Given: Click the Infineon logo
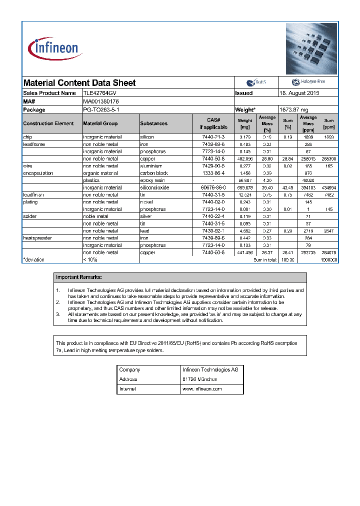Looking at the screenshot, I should tap(53, 48).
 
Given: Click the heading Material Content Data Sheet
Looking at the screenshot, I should tap(79, 83).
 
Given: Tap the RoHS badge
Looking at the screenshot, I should tap(256, 82).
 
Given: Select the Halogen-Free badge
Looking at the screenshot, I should tap(308, 82).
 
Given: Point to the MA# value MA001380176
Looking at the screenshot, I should tap(101, 101).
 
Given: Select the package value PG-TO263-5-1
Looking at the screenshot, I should tap(101, 109).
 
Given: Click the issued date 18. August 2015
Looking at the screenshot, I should tap(299, 93).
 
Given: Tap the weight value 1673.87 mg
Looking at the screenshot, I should tap(293, 109).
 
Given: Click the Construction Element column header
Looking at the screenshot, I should tap(48, 123).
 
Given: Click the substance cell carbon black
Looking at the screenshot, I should tap(154, 173).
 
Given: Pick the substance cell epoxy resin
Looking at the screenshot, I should tap(153, 180).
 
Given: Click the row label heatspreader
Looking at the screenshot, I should tap(37, 238).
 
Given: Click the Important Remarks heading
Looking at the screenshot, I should tap(79, 277).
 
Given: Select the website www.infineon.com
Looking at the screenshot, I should tap(202, 389).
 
